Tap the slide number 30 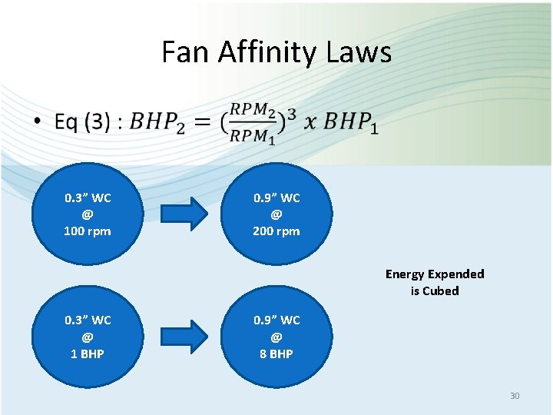515,396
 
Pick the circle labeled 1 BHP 88,337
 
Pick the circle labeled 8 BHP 276,337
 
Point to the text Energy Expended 435,274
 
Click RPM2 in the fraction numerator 254,110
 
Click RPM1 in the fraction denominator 253,136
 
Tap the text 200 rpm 276,231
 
